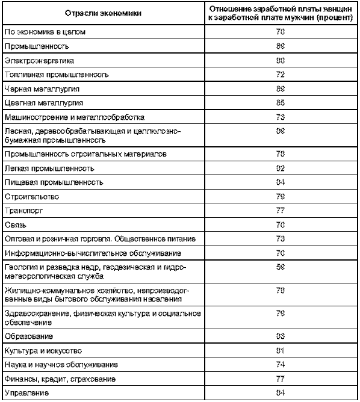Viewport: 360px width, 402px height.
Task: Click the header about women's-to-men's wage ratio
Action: pos(281,13)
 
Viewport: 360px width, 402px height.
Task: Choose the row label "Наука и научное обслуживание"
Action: pos(61,365)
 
